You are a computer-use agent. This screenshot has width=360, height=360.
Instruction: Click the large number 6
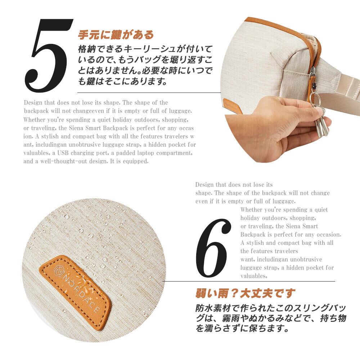coord(213,248)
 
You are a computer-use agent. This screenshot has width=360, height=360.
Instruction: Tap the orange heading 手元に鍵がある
coord(116,35)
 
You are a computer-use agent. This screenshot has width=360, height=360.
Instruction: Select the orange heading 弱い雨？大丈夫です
coord(245,293)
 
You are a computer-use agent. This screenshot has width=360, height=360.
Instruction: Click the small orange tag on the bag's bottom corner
coord(231,105)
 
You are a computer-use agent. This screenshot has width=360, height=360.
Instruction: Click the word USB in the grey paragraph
coord(63,153)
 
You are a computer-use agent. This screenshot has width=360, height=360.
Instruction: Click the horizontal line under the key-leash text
coord(149,93)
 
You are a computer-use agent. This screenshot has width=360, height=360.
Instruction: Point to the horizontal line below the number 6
coord(249,281)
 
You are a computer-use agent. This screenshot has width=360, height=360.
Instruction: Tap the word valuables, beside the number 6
coord(254,276)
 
